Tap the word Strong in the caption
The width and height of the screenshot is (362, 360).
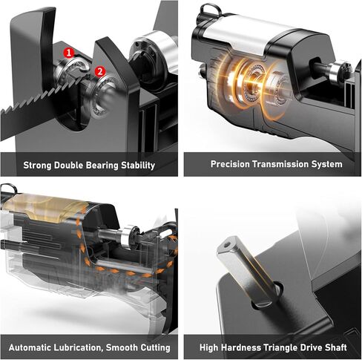39,165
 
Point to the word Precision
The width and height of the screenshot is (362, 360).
231,164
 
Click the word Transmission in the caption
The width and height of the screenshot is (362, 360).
282,164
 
